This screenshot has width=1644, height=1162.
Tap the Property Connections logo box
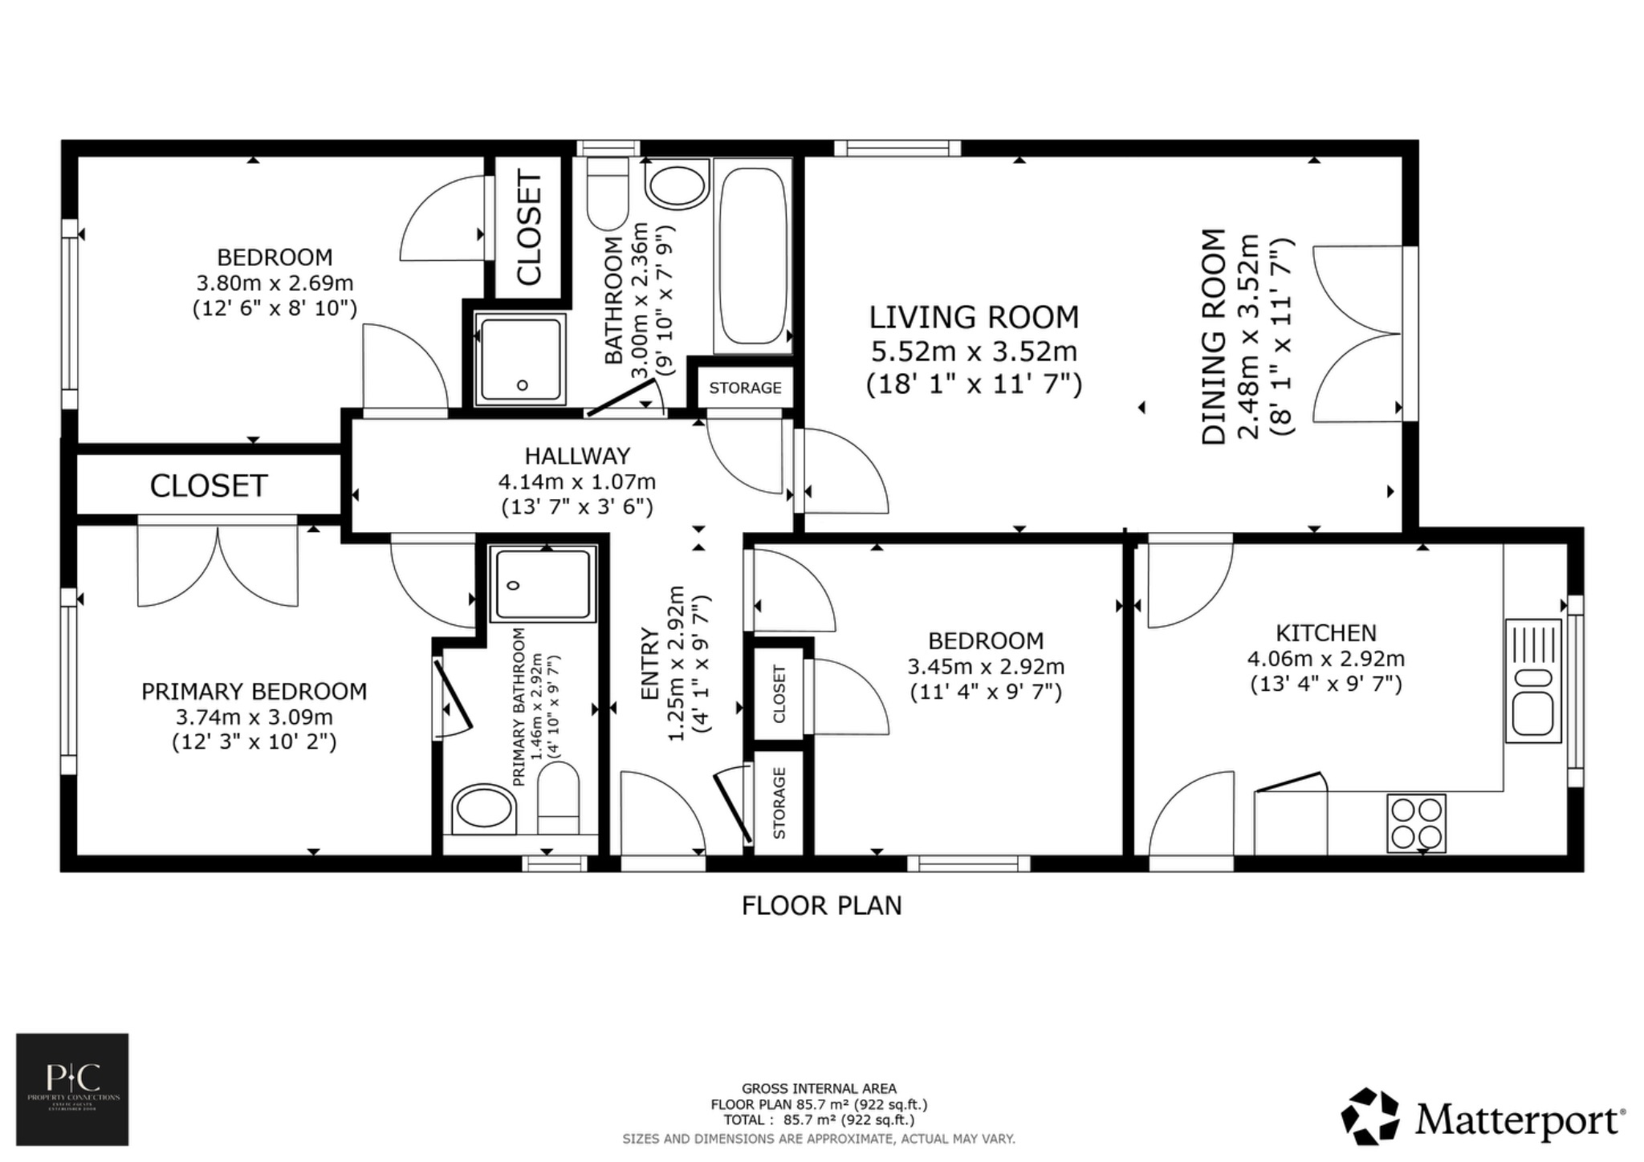click(72, 1089)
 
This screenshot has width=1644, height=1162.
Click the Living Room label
click(974, 318)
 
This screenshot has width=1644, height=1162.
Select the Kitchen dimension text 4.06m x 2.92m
click(1325, 659)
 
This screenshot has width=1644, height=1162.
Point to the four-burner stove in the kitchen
click(1417, 823)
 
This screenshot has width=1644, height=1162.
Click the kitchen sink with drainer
click(1533, 681)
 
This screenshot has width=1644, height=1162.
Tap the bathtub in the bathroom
click(752, 255)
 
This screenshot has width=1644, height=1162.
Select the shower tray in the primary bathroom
click(544, 583)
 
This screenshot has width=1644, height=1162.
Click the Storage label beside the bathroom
click(745, 388)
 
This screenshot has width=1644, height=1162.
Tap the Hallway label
click(577, 456)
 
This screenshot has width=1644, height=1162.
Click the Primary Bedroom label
click(254, 692)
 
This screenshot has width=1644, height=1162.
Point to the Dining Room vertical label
click(1215, 337)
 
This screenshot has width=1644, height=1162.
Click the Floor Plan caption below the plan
click(821, 906)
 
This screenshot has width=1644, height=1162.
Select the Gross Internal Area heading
click(819, 1089)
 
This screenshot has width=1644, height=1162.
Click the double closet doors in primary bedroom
click(218, 564)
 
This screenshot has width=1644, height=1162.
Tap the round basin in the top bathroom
click(678, 187)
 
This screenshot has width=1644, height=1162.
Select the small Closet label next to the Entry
click(779, 693)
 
